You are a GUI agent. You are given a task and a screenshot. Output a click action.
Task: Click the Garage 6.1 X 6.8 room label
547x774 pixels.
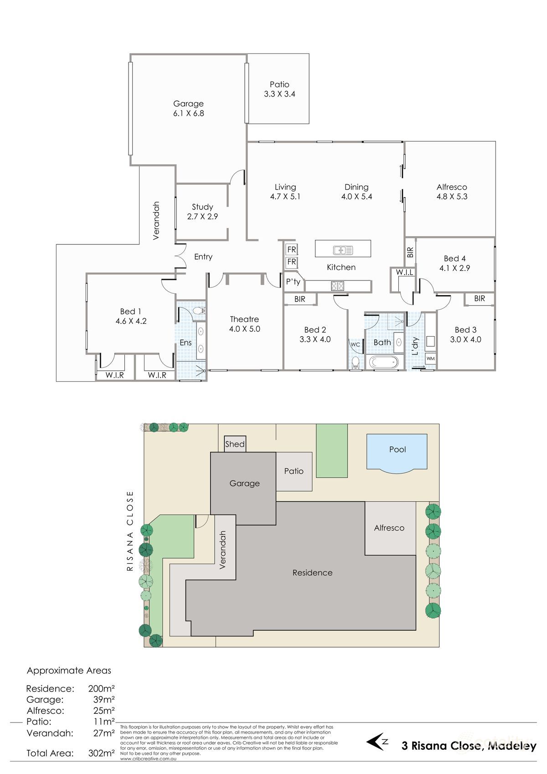tap(188, 109)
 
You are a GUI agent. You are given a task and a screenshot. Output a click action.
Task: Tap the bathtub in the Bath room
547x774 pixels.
tap(383, 363)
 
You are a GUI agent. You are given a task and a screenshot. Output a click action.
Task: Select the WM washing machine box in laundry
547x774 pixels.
tap(430, 358)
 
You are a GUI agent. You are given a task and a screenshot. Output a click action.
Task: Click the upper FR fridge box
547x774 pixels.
tap(291, 249)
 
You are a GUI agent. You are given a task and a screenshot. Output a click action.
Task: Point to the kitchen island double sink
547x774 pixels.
tap(343, 249)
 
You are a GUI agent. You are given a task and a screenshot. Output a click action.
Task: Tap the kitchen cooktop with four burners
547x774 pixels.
tap(337, 286)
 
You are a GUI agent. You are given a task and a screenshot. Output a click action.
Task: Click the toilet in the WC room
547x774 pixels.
tap(356, 363)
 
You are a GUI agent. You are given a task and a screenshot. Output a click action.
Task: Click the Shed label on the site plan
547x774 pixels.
tap(235, 444)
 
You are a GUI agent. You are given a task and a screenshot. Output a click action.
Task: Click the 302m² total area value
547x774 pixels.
tap(101, 753)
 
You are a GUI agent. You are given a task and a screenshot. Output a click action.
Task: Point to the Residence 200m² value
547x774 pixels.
tap(101, 688)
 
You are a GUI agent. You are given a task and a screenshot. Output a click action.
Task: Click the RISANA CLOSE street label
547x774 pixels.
tap(130, 531)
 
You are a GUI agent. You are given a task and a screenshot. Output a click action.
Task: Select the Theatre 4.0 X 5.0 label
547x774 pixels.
tap(244, 324)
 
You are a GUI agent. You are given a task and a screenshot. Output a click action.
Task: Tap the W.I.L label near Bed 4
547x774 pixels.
tap(404, 272)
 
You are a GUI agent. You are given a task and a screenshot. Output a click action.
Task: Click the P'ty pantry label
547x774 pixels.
tap(293, 281)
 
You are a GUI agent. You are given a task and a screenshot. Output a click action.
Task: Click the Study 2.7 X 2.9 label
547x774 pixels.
tap(202, 212)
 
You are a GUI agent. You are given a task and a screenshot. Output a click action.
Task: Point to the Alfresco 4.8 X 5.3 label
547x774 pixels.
tap(452, 192)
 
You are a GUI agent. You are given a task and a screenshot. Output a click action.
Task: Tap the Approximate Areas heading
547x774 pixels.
tap(69, 670)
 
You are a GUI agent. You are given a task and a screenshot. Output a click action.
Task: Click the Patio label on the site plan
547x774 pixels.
tap(294, 471)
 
